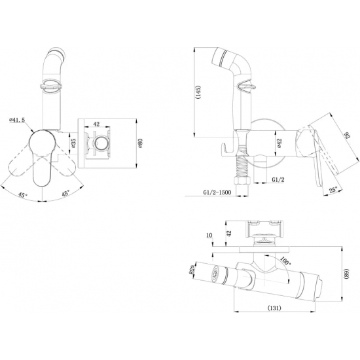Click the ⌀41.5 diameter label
pyautogui.click(x=17, y=120)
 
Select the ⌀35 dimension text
pyautogui.click(x=73, y=143)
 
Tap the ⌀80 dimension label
pyautogui.click(x=140, y=143)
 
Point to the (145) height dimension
pyautogui.click(x=198, y=92)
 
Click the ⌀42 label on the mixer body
pyautogui.click(x=279, y=143)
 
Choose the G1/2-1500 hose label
pyautogui.click(x=217, y=192)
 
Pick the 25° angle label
pyautogui.click(x=333, y=190)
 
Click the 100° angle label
pyautogui.click(x=285, y=261)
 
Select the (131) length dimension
pyautogui.click(x=274, y=308)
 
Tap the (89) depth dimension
pyautogui.click(x=346, y=273)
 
